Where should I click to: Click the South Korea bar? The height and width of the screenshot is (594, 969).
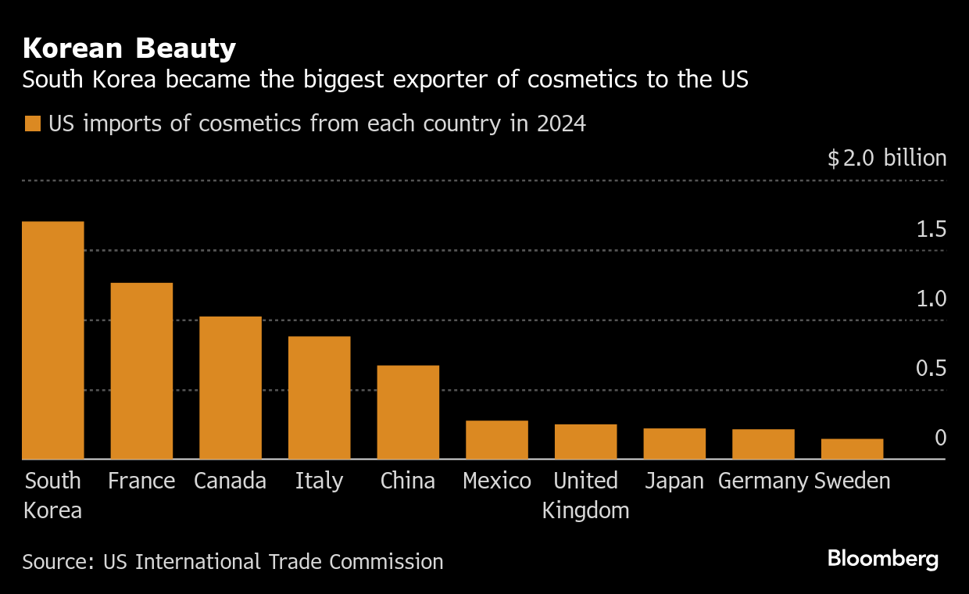(x=52, y=340)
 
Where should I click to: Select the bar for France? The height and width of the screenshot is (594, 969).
(x=141, y=370)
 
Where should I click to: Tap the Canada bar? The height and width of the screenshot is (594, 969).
(x=231, y=388)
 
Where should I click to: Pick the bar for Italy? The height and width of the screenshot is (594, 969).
(x=319, y=397)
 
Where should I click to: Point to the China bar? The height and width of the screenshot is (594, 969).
(x=408, y=412)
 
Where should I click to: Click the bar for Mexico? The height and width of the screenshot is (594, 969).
(x=497, y=439)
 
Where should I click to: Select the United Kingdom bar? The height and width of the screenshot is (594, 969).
(x=586, y=442)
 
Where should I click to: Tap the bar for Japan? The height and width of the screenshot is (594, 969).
(x=674, y=443)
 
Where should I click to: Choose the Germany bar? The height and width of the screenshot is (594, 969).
(x=763, y=444)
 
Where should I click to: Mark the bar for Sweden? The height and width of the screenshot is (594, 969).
(x=852, y=449)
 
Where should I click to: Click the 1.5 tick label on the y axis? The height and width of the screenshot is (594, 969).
(x=931, y=230)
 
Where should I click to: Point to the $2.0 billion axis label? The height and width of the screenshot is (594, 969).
(x=887, y=159)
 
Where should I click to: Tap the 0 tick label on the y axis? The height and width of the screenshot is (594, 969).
(x=940, y=438)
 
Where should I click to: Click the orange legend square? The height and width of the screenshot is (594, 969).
(x=32, y=124)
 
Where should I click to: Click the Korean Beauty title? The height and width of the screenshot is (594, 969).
(x=129, y=48)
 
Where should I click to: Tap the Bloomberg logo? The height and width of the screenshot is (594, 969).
(x=883, y=559)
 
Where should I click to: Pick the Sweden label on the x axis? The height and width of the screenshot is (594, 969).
(x=852, y=481)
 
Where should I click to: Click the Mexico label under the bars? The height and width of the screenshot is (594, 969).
(x=497, y=481)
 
